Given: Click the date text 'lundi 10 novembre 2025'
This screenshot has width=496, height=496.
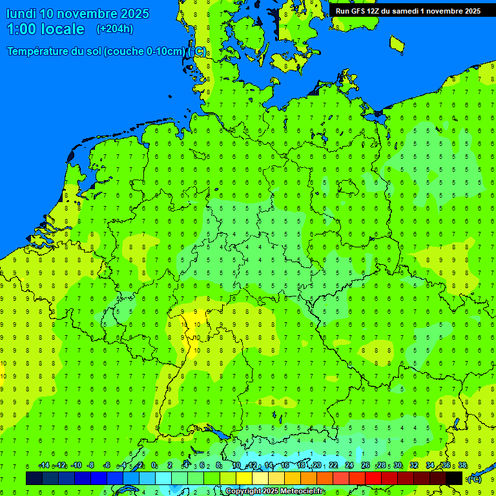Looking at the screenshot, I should [x=77, y=14].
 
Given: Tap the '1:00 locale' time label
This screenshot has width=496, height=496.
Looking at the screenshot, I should [x=46, y=29].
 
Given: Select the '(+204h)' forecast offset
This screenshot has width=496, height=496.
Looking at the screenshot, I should [x=115, y=29].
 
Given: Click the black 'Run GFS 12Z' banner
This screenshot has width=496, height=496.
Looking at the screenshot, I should [x=408, y=11].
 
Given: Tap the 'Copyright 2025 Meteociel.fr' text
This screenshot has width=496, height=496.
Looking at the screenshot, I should [x=275, y=491].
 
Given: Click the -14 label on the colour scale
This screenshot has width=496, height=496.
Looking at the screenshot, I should [x=44, y=466].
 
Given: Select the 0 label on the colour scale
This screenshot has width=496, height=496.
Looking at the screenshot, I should [x=154, y=466].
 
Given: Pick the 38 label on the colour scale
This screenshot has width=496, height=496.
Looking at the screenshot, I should [x=462, y=466].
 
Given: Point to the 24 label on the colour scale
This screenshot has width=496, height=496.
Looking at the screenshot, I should [x=349, y=466].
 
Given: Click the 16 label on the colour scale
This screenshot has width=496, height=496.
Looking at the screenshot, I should [x=285, y=466].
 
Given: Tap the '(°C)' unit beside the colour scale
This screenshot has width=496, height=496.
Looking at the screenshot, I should [x=475, y=479].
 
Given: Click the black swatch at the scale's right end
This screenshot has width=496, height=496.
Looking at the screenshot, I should [x=454, y=479].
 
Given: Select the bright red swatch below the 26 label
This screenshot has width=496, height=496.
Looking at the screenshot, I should [x=373, y=479].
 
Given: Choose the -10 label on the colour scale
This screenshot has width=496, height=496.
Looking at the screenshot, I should [x=76, y=466].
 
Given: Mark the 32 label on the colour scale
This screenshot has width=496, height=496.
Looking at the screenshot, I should [x=414, y=466].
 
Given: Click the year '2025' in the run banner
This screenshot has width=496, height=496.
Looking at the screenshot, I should [x=469, y=11].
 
